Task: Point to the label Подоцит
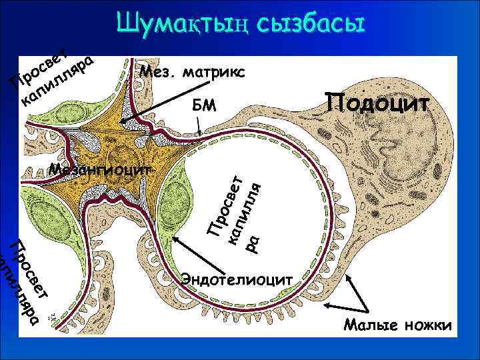click(x=377, y=103)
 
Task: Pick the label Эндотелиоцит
click(x=236, y=279)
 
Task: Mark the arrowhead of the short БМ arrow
click(x=201, y=135)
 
